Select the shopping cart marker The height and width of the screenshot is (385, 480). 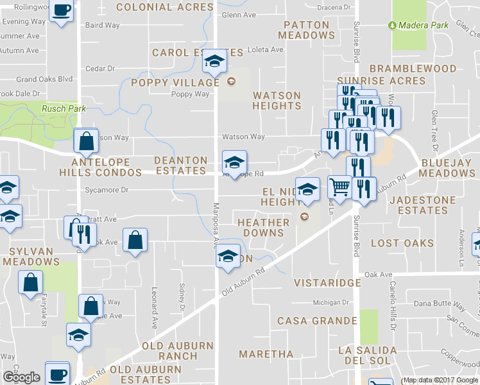click(x=339, y=187)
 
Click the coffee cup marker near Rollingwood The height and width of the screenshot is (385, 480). click(x=62, y=12)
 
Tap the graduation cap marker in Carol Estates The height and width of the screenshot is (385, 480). click(x=214, y=62)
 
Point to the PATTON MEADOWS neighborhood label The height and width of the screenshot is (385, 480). click(x=306, y=30)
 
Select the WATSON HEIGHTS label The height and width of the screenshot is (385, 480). click(x=277, y=100)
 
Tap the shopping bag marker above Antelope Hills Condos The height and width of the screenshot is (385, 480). click(x=85, y=141)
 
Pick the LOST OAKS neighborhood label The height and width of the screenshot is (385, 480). click(x=402, y=243)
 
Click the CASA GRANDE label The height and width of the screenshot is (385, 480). click(x=317, y=320)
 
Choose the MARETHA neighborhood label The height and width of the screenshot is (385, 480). click(x=266, y=354)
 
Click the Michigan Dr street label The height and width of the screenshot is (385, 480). click(x=330, y=302)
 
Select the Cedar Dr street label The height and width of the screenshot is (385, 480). click(x=99, y=68)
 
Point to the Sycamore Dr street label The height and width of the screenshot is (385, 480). click(x=107, y=190)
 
